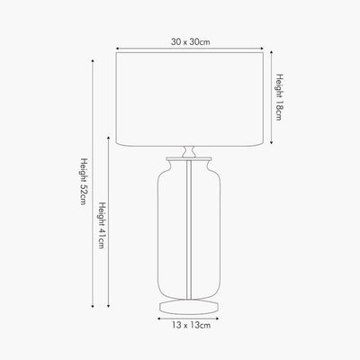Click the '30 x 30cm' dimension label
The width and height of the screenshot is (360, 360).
[x=191, y=41]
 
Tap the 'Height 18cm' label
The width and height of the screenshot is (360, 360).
[x=279, y=97]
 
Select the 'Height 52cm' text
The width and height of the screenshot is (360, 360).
[x=83, y=181]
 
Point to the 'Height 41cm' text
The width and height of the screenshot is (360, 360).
[x=102, y=225]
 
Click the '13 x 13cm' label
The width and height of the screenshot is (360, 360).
[x=192, y=325]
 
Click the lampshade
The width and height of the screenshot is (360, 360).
[x=190, y=99]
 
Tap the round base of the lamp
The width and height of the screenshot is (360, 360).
[x=189, y=307]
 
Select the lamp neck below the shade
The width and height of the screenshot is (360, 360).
[x=189, y=152]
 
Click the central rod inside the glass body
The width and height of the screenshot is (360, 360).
[x=189, y=229]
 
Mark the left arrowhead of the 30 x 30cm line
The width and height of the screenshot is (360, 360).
[x=118, y=48]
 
